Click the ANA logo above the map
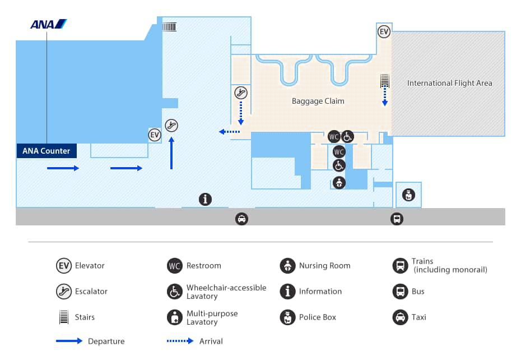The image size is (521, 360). (x=49, y=24)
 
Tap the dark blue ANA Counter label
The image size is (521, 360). (x=46, y=151)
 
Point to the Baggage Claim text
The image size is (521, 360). (x=318, y=101)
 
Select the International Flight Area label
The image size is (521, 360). (x=449, y=83)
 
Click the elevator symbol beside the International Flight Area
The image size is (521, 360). (x=384, y=32)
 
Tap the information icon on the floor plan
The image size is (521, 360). (x=206, y=199)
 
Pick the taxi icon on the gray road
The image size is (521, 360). (x=241, y=219)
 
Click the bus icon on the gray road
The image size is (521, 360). (x=397, y=219)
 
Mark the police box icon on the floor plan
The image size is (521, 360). (x=408, y=195)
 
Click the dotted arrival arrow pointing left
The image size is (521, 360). (x=229, y=132)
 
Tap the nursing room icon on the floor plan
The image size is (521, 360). (x=339, y=182)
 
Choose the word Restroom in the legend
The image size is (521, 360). (x=204, y=266)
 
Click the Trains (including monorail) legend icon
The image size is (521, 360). (x=401, y=266)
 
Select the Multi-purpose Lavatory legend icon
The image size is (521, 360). (x=175, y=317)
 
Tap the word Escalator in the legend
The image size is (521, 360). (x=91, y=292)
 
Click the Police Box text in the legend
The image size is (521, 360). (x=318, y=317)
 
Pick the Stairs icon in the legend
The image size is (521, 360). (x=64, y=317)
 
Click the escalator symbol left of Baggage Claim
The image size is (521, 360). (x=241, y=93)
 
